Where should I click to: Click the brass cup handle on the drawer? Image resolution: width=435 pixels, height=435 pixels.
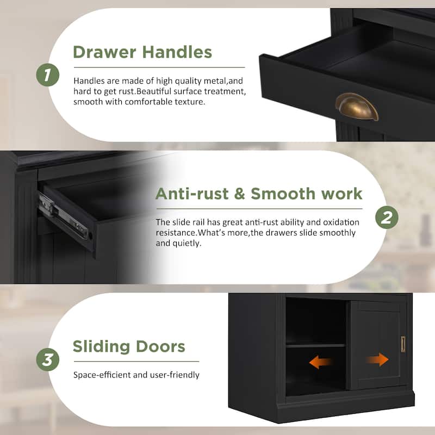tap(357, 107)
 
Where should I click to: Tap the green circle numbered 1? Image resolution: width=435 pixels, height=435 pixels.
tap(48, 75)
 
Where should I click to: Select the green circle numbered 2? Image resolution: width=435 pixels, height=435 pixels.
tap(387, 217)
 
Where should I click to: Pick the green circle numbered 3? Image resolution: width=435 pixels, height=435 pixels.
tap(48, 359)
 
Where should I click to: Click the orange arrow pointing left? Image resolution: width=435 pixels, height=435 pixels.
tap(320, 362)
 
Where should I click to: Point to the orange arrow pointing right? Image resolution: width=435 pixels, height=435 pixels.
tap(377, 360)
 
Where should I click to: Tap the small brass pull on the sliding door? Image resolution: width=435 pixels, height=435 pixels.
tap(403, 344)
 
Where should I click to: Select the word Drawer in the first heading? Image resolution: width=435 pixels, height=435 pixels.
tap(104, 52)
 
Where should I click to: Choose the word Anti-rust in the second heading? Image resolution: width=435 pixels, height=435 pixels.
tap(192, 194)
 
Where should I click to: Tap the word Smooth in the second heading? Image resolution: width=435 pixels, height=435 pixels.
tap(283, 194)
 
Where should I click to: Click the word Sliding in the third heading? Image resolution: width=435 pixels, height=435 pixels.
tap(101, 347)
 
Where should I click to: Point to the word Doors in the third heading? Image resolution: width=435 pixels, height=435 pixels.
tap(160, 346)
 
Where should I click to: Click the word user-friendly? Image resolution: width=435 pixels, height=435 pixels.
tap(175, 375)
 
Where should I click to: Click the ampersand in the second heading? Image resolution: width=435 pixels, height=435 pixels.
tap(240, 194)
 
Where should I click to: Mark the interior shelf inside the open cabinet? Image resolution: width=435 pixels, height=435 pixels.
tap(315, 346)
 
